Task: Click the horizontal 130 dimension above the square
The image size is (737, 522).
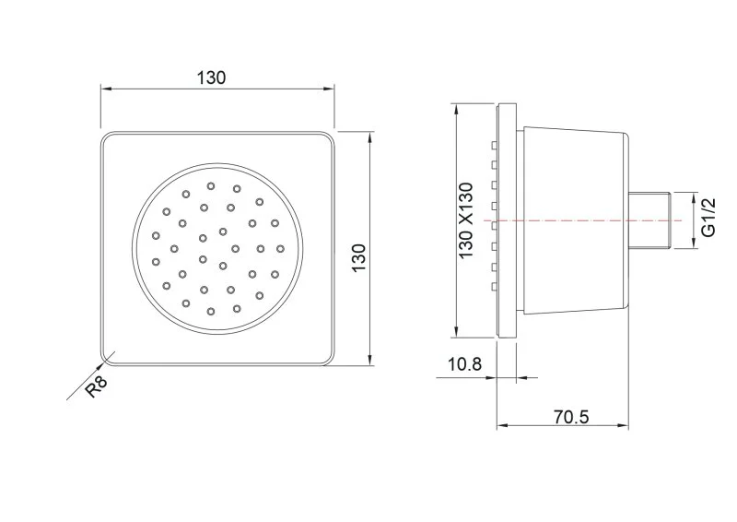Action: (211, 77)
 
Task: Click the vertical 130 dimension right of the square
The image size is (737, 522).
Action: (358, 257)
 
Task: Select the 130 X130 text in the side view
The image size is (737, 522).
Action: (466, 220)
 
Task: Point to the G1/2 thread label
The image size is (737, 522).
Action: (708, 217)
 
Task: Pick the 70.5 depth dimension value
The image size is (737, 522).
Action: (571, 416)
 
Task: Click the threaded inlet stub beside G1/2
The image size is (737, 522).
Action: (650, 220)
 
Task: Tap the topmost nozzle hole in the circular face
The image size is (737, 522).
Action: (211, 186)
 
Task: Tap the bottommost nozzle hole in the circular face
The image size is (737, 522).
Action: (211, 311)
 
